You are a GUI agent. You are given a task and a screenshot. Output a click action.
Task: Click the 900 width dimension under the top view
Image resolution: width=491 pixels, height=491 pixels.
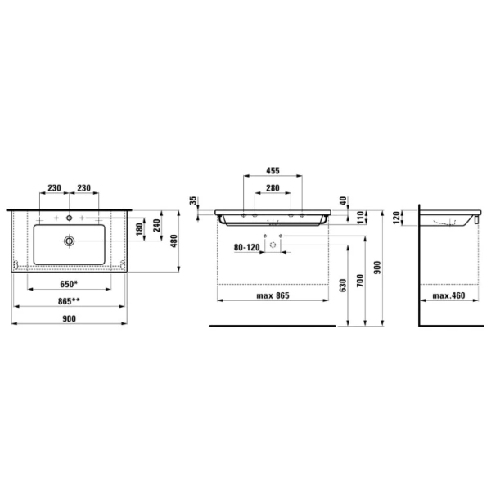click(70, 318)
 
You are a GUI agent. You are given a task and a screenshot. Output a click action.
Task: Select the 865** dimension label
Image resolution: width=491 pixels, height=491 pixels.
click(69, 301)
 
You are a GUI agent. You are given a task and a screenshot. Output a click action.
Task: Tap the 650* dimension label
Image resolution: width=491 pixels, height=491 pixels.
click(69, 284)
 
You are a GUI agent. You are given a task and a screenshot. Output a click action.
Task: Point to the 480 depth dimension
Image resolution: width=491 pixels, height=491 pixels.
click(174, 241)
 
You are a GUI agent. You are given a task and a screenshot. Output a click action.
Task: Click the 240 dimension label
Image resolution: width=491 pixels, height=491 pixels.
click(156, 226)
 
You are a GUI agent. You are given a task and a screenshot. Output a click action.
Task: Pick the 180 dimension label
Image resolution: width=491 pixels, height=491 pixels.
click(140, 229)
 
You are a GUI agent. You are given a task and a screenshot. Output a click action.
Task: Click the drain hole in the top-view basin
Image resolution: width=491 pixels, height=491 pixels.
click(70, 241)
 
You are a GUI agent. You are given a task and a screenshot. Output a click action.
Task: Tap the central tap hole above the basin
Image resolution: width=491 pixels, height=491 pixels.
click(70, 218)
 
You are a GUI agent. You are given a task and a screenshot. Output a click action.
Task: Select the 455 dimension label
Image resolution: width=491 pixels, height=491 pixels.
click(273, 171)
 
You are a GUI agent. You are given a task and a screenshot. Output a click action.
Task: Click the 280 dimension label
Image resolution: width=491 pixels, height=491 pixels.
click(273, 188)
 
